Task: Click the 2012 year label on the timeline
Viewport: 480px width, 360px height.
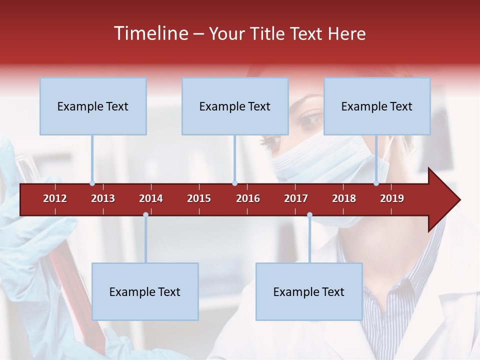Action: coord(55,198)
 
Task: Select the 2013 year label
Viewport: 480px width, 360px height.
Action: coord(103,198)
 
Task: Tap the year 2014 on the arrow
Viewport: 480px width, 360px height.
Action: coord(151,198)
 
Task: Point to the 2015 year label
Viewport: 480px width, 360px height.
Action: coord(199,198)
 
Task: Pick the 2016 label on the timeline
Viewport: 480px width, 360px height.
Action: coord(248,198)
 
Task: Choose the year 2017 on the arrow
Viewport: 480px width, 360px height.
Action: coord(296,198)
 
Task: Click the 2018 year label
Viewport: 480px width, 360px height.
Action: coord(344,198)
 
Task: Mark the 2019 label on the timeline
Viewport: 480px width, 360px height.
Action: coord(392,198)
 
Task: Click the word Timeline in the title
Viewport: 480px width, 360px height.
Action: coord(150,33)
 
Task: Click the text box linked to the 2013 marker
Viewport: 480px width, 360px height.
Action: coord(93,106)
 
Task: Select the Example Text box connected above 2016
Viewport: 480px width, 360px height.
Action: coord(235,106)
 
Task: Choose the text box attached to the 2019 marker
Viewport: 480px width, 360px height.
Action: coord(377,106)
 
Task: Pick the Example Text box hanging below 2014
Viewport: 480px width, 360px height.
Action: coord(145,291)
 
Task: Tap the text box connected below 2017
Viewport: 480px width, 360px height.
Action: coord(309,291)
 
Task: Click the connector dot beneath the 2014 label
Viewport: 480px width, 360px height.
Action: coord(145,215)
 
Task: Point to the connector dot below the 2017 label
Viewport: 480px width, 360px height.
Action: coord(309,215)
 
